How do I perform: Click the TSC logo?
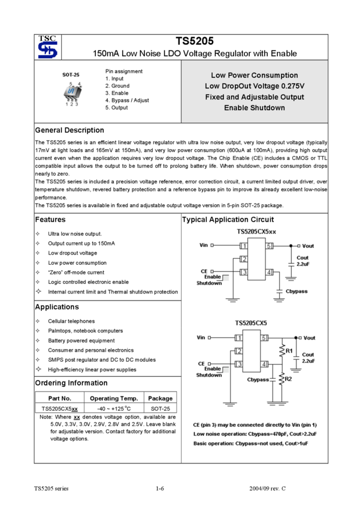coord(47,47)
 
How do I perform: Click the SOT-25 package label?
coord(71,75)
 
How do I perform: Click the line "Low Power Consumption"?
coord(254,75)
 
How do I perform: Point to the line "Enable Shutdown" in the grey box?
coord(254,108)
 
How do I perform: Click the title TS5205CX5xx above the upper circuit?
coord(256,232)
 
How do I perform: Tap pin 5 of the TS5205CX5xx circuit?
coord(270,246)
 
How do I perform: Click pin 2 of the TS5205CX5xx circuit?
coord(244,259)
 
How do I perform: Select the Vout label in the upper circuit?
coord(308,246)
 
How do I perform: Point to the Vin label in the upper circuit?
coord(203,245)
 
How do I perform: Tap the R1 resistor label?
coord(289,350)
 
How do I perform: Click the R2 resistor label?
coord(289,379)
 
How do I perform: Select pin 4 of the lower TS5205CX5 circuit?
coord(264,364)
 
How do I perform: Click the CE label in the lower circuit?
coord(202,363)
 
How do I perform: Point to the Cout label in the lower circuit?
coord(308,355)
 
